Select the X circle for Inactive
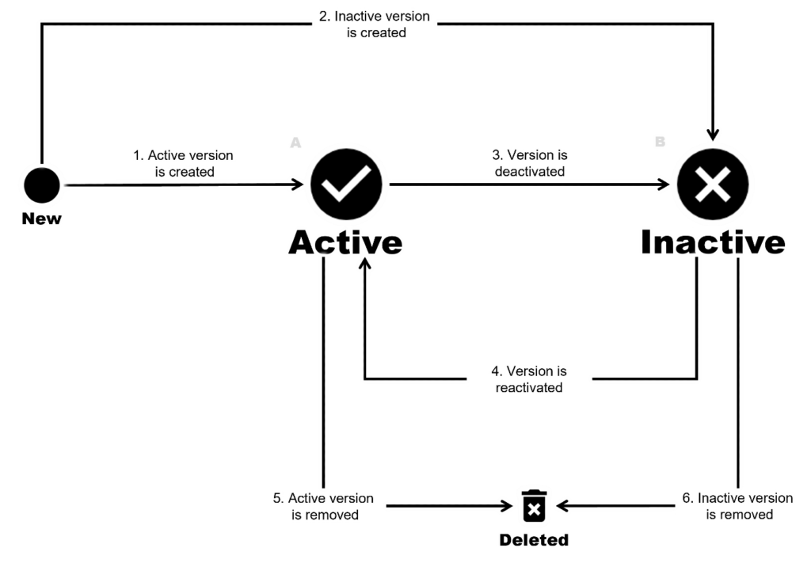pyautogui.click(x=711, y=185)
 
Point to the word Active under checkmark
pyautogui.click(x=345, y=242)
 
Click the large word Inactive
pyautogui.click(x=712, y=242)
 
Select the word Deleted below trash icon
pyautogui.click(x=533, y=540)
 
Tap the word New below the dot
pyautogui.click(x=41, y=219)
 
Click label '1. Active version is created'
pyautogui.click(x=183, y=162)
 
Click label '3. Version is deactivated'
pyautogui.click(x=529, y=162)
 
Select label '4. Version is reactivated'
pyautogui.click(x=528, y=379)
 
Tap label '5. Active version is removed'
pyautogui.click(x=324, y=506)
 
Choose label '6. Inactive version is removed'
pyautogui.click(x=738, y=506)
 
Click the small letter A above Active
pyautogui.click(x=295, y=143)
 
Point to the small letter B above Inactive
pyautogui.click(x=659, y=143)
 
